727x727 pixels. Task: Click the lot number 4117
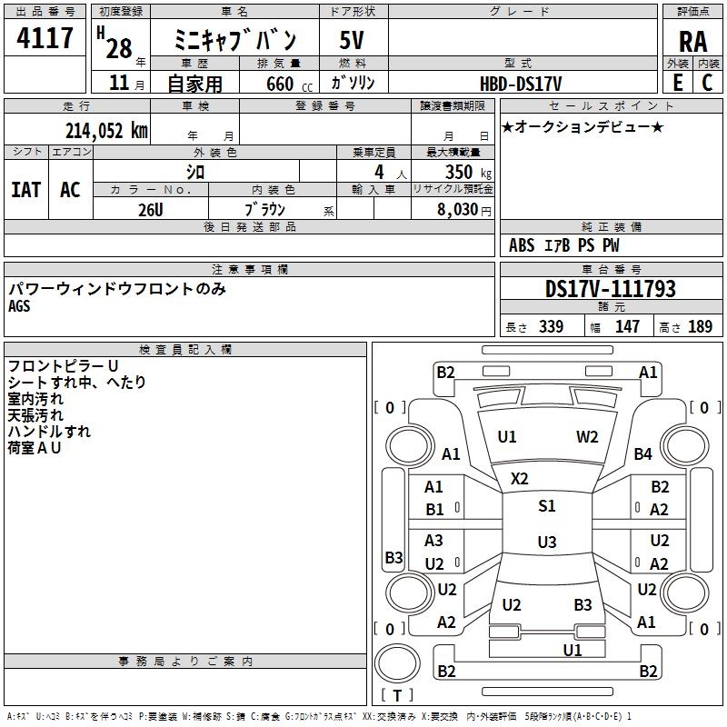pos(45,39)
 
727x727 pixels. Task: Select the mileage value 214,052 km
pos(106,130)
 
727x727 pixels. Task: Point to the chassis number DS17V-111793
pos(611,289)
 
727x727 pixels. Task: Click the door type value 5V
pos(352,40)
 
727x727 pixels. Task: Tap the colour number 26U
pos(151,209)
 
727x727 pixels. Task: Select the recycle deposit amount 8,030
pos(458,209)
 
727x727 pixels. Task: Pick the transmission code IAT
pos(26,190)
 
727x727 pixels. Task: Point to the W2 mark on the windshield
pos(587,437)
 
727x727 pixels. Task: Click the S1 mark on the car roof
pos(546,506)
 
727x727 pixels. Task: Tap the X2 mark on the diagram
pos(520,478)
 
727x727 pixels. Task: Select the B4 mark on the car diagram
pos(643,453)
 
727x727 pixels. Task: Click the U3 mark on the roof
pos(546,543)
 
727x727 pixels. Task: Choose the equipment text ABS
pos(522,245)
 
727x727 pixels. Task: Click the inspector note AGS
pos(19,306)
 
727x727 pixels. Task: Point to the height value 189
pos(700,327)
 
